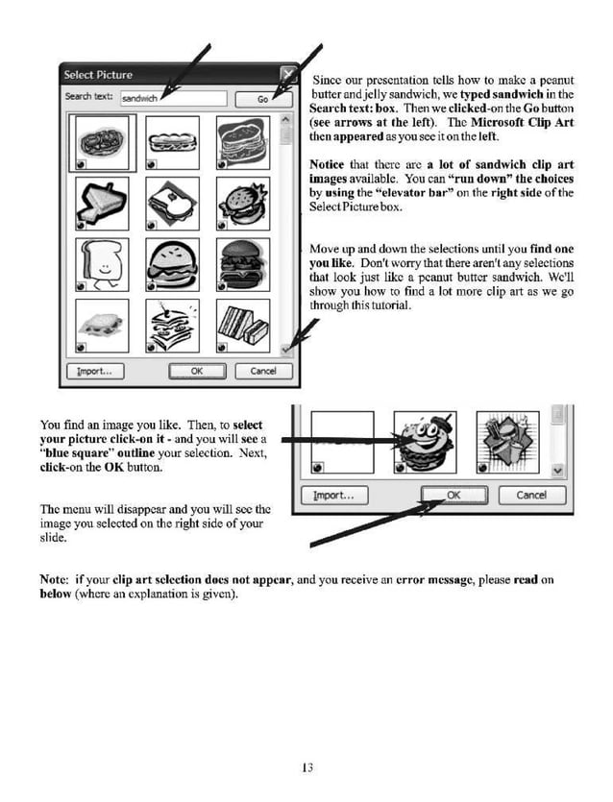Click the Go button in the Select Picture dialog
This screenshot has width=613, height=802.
(262, 98)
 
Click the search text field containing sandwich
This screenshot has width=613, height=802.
(174, 97)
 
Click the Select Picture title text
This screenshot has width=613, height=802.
(98, 75)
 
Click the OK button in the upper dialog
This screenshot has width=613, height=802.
(196, 371)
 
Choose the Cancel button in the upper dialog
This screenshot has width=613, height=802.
(262, 371)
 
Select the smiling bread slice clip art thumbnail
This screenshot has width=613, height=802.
(101, 264)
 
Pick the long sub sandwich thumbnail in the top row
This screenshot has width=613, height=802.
(173, 142)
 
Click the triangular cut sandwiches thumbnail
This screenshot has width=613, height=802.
(243, 326)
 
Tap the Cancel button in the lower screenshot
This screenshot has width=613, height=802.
(530, 496)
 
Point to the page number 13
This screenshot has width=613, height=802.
(306, 766)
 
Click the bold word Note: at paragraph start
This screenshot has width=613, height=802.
(53, 580)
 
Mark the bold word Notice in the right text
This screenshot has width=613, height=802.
(327, 164)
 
